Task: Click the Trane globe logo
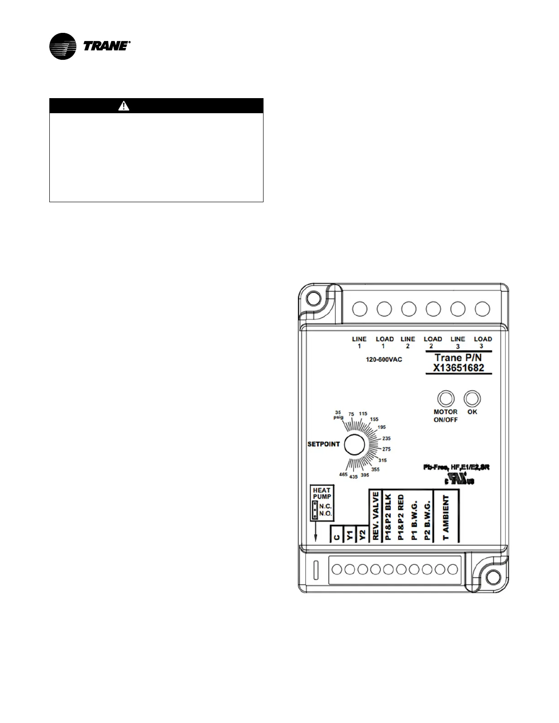63,47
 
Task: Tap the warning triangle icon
124,106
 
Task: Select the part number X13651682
459,368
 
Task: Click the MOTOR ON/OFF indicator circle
444,398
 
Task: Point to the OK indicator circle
472,398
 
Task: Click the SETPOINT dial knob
354,444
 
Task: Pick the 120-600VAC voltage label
384,360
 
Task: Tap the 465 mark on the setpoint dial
343,475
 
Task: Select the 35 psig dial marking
338,415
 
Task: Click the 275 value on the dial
386,449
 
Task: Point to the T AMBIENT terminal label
446,518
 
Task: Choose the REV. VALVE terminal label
376,516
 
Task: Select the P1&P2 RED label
401,518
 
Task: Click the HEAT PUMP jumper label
322,493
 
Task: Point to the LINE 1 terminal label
359,342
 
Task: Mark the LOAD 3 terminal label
482,342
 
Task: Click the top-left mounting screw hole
313,298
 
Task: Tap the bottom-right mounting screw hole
492,578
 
